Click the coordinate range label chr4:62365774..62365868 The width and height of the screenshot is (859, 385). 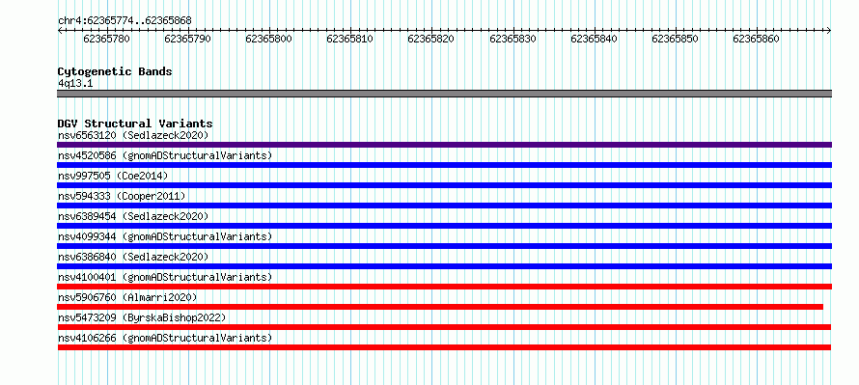(x=125, y=21)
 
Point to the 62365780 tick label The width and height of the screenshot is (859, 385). (x=107, y=39)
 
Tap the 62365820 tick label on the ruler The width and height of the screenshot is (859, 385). (x=431, y=39)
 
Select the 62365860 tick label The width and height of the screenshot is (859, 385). (x=757, y=39)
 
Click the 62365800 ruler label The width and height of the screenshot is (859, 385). (x=269, y=39)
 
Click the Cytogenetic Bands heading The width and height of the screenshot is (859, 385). (x=115, y=71)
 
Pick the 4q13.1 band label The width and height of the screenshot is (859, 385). (x=75, y=84)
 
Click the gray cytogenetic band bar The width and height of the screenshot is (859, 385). (x=444, y=94)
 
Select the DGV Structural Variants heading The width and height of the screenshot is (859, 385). (x=135, y=124)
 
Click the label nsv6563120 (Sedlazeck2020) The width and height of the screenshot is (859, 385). (x=133, y=135)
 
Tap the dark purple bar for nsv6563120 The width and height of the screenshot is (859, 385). (x=444, y=145)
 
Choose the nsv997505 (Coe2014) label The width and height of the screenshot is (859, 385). (x=113, y=176)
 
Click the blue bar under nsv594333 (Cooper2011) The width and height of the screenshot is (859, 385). (x=444, y=206)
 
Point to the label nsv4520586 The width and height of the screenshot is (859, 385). (x=87, y=155)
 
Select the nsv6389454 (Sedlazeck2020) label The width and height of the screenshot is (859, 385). (x=133, y=216)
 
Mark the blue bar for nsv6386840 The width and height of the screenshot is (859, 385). (x=444, y=266)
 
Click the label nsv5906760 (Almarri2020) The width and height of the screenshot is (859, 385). (x=127, y=297)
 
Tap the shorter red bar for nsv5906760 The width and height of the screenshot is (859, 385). (x=440, y=307)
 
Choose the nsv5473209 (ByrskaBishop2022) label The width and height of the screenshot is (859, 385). (x=142, y=317)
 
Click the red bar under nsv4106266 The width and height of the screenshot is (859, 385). (x=444, y=347)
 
